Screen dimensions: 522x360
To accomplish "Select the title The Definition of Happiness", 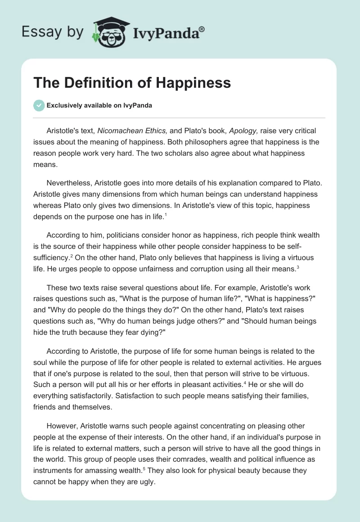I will coord(132,83).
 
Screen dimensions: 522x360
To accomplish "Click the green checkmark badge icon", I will coord(39,105).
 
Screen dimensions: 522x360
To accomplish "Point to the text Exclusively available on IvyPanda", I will coord(99,106).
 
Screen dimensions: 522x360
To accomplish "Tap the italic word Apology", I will coord(243,131).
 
